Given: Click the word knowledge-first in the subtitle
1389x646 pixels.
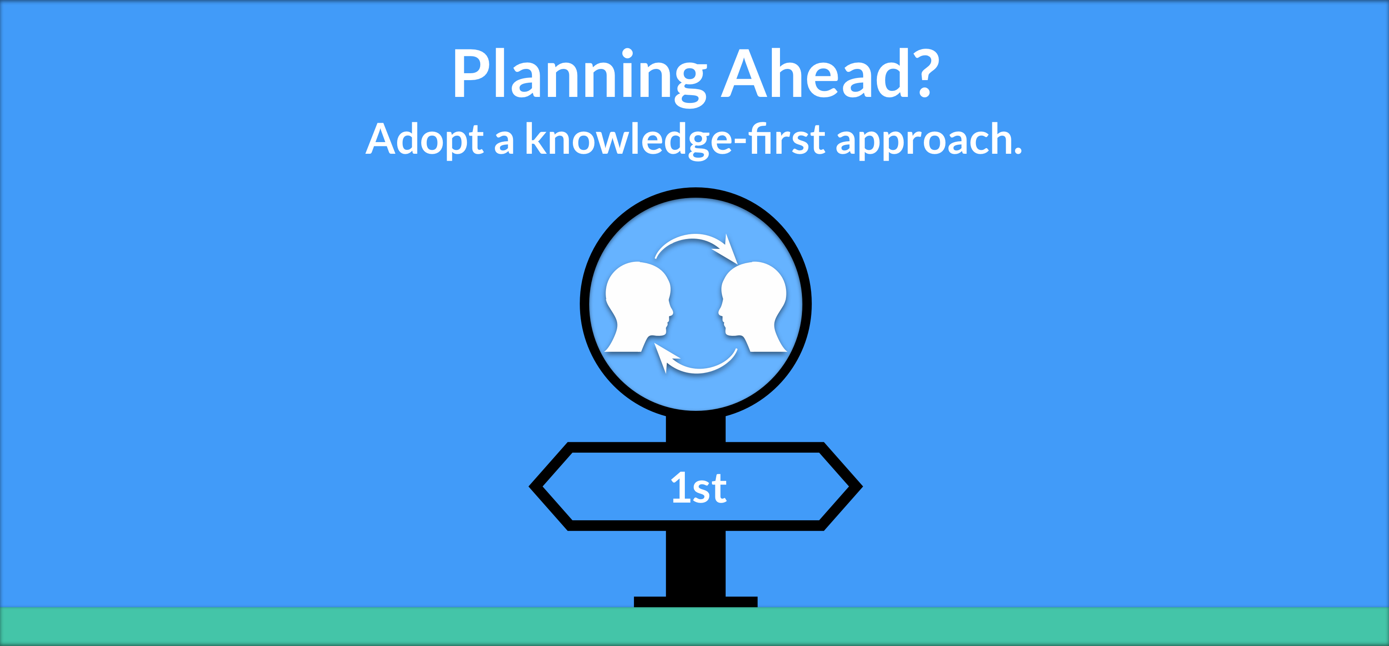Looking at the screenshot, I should click(674, 139).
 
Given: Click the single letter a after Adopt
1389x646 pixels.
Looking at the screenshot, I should click(503, 143).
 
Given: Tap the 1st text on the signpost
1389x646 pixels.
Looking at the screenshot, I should click(698, 488).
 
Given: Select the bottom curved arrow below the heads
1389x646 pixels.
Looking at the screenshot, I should click(698, 366).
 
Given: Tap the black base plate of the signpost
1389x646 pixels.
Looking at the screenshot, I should click(695, 602).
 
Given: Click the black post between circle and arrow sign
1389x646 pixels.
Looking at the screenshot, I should click(695, 429).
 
